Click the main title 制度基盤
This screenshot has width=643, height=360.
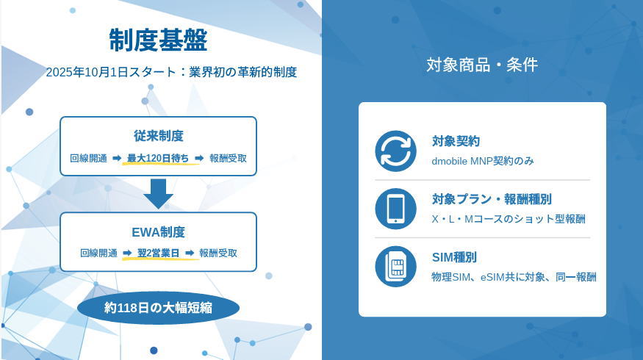(158, 40)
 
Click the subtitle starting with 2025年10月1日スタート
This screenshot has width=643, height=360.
(171, 72)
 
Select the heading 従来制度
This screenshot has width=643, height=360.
(158, 136)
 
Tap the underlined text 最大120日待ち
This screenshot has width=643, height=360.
(158, 158)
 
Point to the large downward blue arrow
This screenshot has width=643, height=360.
(158, 193)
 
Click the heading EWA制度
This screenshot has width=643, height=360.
(158, 232)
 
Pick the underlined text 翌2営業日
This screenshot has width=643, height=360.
(158, 253)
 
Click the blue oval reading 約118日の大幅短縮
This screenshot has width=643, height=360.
(158, 308)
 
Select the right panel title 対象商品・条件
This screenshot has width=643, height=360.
(482, 65)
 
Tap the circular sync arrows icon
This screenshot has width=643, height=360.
(396, 151)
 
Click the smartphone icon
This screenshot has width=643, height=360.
(396, 209)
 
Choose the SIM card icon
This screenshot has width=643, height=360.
(396, 267)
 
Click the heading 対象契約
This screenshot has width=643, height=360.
(456, 141)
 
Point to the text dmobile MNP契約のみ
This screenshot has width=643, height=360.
(483, 161)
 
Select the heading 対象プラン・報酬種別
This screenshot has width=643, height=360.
(492, 199)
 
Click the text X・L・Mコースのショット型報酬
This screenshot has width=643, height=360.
(509, 219)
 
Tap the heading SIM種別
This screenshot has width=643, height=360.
(454, 257)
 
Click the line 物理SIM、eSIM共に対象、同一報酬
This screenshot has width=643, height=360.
(514, 277)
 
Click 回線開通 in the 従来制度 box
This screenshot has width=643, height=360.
(89, 158)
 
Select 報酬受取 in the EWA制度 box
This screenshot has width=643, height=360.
(218, 253)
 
